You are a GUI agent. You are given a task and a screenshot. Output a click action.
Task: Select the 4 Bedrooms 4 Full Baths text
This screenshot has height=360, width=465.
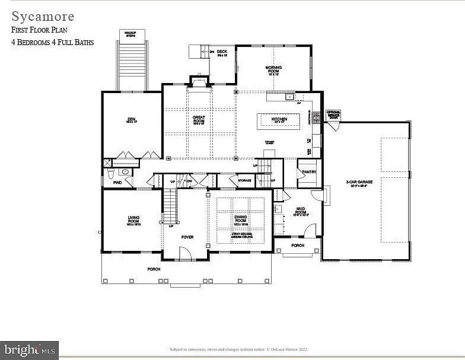pyautogui.click(x=53, y=43)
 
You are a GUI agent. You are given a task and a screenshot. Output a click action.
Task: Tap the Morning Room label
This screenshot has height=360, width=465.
pyautogui.click(x=273, y=70)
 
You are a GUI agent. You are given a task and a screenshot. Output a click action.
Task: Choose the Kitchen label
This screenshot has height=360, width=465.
pyautogui.click(x=279, y=119)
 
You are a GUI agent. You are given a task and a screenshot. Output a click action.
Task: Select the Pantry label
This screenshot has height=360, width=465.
pyautogui.click(x=309, y=172)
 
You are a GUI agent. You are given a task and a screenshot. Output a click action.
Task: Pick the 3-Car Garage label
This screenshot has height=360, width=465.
pyautogui.click(x=360, y=182)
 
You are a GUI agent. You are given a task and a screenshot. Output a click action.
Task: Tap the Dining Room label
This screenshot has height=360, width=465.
pyautogui.click(x=240, y=220)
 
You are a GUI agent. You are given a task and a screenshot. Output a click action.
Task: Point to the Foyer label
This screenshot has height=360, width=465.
pyautogui.click(x=187, y=237)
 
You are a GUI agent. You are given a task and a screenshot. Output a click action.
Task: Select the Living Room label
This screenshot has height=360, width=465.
pyautogui.click(x=133, y=219)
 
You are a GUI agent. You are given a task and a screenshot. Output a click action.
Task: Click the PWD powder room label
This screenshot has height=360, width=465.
pyautogui.click(x=117, y=183)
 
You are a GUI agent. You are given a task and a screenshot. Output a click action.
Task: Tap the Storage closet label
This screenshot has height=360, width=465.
pyautogui.click(x=244, y=180)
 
